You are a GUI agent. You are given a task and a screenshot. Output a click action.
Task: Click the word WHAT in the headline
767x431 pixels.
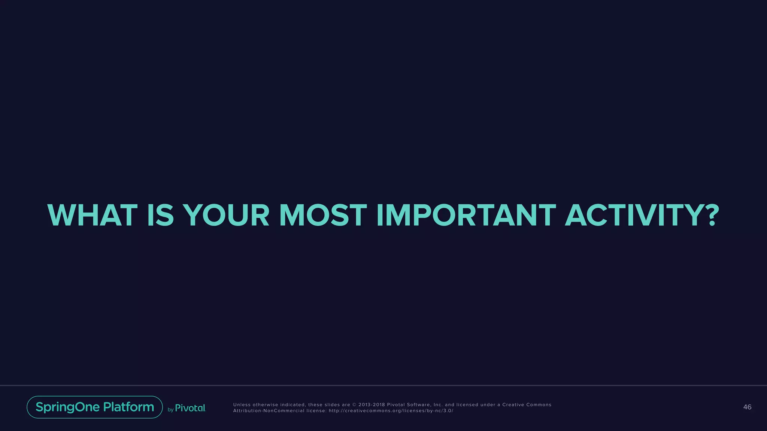pos(92,215)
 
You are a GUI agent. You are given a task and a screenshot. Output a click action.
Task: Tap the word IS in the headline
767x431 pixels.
pos(160,215)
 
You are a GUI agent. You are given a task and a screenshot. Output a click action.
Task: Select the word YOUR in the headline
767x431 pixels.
pos(226,215)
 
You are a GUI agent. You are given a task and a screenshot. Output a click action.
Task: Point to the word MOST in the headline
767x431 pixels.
pos(323,215)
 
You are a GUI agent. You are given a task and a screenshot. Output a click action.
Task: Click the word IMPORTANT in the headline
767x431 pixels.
pos(466,215)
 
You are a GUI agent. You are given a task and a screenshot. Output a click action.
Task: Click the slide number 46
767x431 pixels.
pos(747,407)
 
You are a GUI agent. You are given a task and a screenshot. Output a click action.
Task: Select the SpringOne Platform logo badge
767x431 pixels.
pos(95,407)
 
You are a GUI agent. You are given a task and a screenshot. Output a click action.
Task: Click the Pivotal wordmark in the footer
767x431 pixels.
pos(190,408)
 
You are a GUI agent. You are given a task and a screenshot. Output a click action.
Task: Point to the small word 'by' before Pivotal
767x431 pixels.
pos(170,410)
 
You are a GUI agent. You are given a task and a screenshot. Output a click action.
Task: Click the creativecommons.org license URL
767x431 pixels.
pos(391,411)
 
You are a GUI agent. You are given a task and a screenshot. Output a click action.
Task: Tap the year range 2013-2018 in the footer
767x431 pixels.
pos(372,405)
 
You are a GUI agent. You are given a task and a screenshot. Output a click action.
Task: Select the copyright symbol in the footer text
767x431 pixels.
pos(354,405)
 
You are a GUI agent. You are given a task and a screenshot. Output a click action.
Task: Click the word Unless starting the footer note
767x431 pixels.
pos(242,405)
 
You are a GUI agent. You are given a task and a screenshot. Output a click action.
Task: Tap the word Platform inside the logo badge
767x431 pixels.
pos(128,407)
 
